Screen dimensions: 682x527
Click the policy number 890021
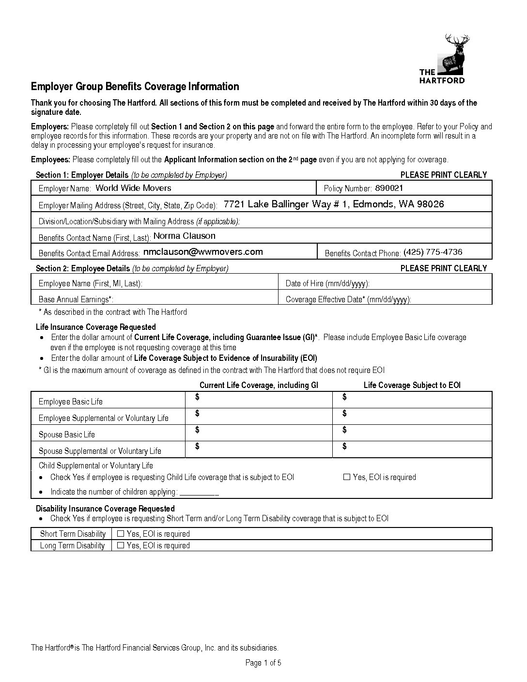tap(389, 188)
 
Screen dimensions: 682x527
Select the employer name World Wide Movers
tap(133, 188)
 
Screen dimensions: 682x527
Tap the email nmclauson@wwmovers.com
tap(203, 252)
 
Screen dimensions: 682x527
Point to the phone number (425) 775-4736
tap(433, 252)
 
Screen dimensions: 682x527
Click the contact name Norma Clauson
tap(184, 236)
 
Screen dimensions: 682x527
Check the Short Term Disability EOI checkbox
tap(121, 534)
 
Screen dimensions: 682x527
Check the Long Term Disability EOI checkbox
tap(121, 545)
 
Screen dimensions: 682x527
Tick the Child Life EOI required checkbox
tap(346, 477)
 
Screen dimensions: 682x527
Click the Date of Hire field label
tap(327, 283)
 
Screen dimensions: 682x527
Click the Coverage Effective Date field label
tap(348, 299)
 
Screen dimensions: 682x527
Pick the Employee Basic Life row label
tap(71, 402)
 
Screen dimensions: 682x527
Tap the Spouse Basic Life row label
tap(67, 434)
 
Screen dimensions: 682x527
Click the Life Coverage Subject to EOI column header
tap(412, 385)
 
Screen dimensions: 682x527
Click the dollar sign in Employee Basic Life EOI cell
tap(344, 397)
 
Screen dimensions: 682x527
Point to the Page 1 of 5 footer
tap(263, 663)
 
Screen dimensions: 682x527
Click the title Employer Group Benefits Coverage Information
tap(135, 87)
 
